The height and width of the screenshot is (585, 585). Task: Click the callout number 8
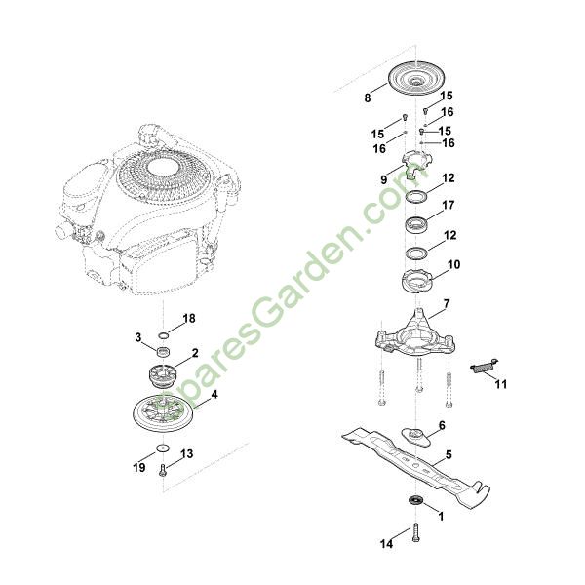[x=368, y=98]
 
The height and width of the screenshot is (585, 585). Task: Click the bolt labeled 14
[x=416, y=533]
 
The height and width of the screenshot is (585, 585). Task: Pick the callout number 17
[x=448, y=205]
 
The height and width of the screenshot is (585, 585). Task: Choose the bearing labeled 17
[x=416, y=225]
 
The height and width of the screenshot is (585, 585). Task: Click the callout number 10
[x=454, y=265]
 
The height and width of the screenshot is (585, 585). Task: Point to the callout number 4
[x=214, y=394]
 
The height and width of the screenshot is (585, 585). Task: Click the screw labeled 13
[x=162, y=470]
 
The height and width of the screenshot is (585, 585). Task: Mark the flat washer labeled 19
[x=163, y=448]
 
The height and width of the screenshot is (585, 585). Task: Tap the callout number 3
[x=138, y=337]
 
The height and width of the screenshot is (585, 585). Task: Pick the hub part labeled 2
[x=163, y=375]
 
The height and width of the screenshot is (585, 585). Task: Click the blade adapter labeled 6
[x=415, y=437]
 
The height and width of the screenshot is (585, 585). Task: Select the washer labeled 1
[x=415, y=499]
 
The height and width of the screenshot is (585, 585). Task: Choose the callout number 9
[x=384, y=179]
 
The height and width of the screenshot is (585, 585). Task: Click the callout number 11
[x=501, y=384]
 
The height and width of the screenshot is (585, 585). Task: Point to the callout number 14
[x=386, y=544]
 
